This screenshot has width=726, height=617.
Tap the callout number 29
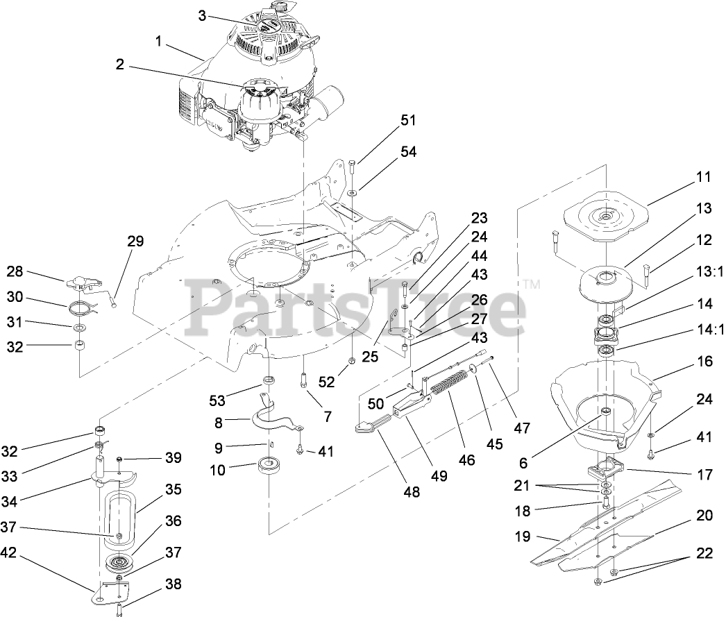click(x=135, y=242)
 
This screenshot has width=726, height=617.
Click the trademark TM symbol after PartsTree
click(x=532, y=284)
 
